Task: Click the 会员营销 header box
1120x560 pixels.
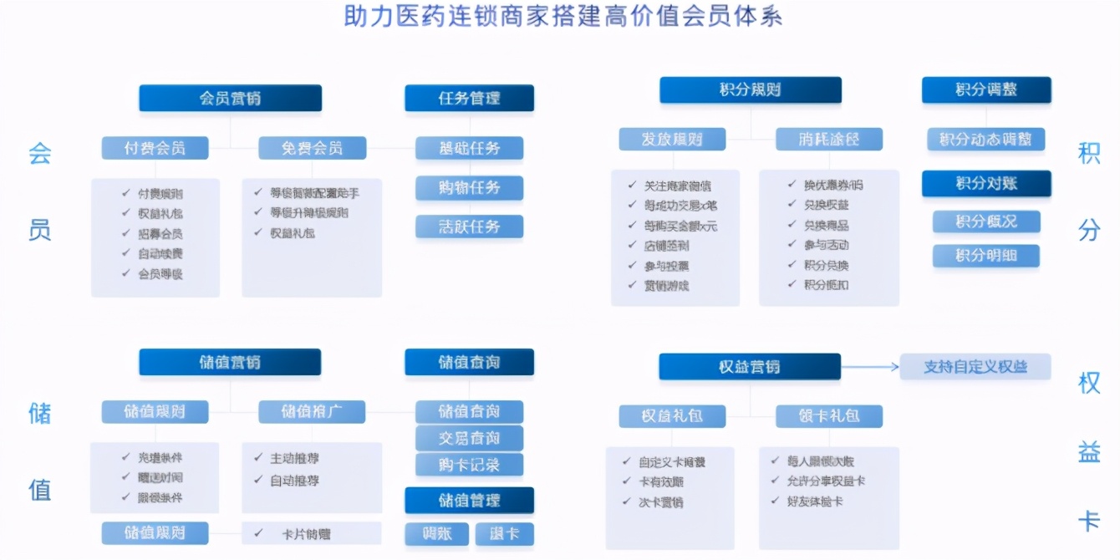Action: tap(230, 98)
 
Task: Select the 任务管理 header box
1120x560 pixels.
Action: tap(469, 98)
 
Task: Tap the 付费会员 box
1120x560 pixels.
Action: tap(155, 148)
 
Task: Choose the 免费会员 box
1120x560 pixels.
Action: tap(312, 148)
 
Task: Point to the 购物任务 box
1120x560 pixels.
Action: tap(469, 187)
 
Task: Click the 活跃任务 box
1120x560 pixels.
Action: tap(469, 227)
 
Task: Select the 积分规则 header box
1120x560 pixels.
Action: tap(750, 90)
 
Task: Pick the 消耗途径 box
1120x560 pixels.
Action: tap(828, 139)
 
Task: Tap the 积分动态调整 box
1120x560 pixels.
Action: tap(985, 139)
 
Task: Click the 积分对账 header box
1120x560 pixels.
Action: tap(985, 183)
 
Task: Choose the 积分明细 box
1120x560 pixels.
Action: tap(985, 256)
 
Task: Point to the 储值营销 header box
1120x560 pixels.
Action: tap(230, 362)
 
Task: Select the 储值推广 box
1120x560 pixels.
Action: tap(312, 411)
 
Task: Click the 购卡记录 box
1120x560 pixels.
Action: tap(469, 465)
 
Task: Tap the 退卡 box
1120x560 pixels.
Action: tap(504, 534)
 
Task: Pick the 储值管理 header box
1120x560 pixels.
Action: tap(469, 500)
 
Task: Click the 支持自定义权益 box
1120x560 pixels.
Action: tap(975, 366)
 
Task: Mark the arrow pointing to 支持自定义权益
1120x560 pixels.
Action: tap(870, 366)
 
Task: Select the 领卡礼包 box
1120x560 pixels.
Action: tap(828, 415)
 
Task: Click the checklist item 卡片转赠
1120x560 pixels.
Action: tap(311, 533)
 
